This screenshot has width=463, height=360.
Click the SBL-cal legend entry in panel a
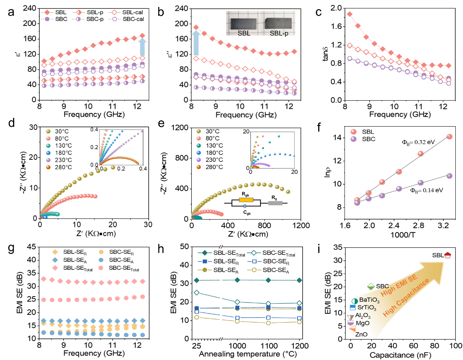pyautogui.click(x=125, y=12)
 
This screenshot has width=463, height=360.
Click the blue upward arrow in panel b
pyautogui.click(x=196, y=43)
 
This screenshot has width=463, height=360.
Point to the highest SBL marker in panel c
pyautogui.click(x=349, y=14)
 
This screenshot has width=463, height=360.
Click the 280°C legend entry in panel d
pyautogui.click(x=59, y=167)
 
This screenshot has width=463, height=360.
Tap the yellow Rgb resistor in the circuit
pyautogui.click(x=246, y=200)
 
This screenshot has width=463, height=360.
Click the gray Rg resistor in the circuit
pyautogui.click(x=275, y=203)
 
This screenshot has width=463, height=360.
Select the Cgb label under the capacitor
pyautogui.click(x=247, y=213)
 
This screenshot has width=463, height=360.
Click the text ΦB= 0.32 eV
pyautogui.click(x=418, y=142)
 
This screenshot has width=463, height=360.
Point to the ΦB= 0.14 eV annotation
pyautogui.click(x=426, y=190)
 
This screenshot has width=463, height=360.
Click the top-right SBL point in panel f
pyautogui.click(x=449, y=137)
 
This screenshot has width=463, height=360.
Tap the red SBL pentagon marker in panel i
pyautogui.click(x=447, y=255)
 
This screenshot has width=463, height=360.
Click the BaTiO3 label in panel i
pyautogui.click(x=369, y=300)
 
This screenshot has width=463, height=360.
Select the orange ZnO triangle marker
pyautogui.click(x=353, y=329)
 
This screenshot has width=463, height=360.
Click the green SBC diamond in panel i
pyautogui.click(x=371, y=286)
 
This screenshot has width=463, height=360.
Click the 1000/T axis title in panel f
pyautogui.click(x=402, y=235)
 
